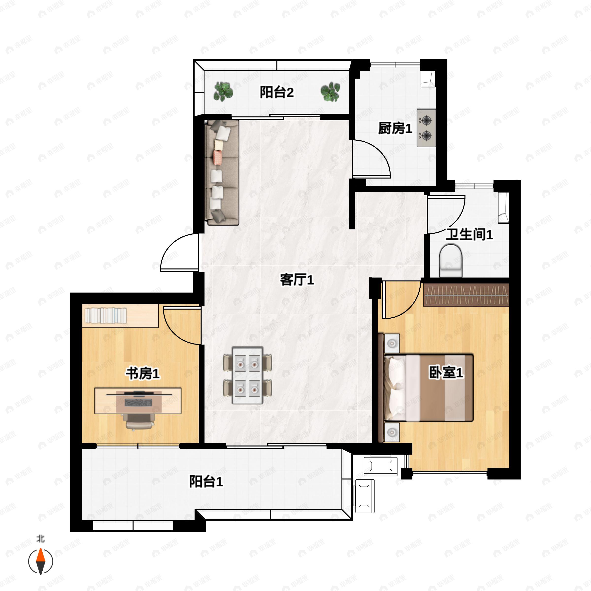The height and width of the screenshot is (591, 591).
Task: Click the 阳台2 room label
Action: (277, 92)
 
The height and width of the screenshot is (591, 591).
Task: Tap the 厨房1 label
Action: (395, 128)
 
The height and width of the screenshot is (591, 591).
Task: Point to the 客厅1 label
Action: (297, 279)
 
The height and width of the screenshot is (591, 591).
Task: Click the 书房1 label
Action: (143, 373)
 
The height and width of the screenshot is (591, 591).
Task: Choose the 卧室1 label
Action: (446, 372)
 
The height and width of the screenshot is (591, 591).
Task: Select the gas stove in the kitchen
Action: (426, 128)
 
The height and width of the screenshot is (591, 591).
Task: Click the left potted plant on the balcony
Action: (223, 91)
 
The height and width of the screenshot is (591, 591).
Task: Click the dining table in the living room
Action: (247, 375)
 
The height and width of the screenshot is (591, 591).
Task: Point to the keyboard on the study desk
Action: (138, 403)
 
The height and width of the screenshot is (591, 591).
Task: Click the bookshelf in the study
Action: (120, 316)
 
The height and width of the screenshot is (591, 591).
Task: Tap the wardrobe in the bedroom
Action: (466, 295)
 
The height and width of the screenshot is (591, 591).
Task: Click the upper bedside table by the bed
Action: (392, 343)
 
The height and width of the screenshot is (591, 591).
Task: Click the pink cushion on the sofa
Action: (217, 157)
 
